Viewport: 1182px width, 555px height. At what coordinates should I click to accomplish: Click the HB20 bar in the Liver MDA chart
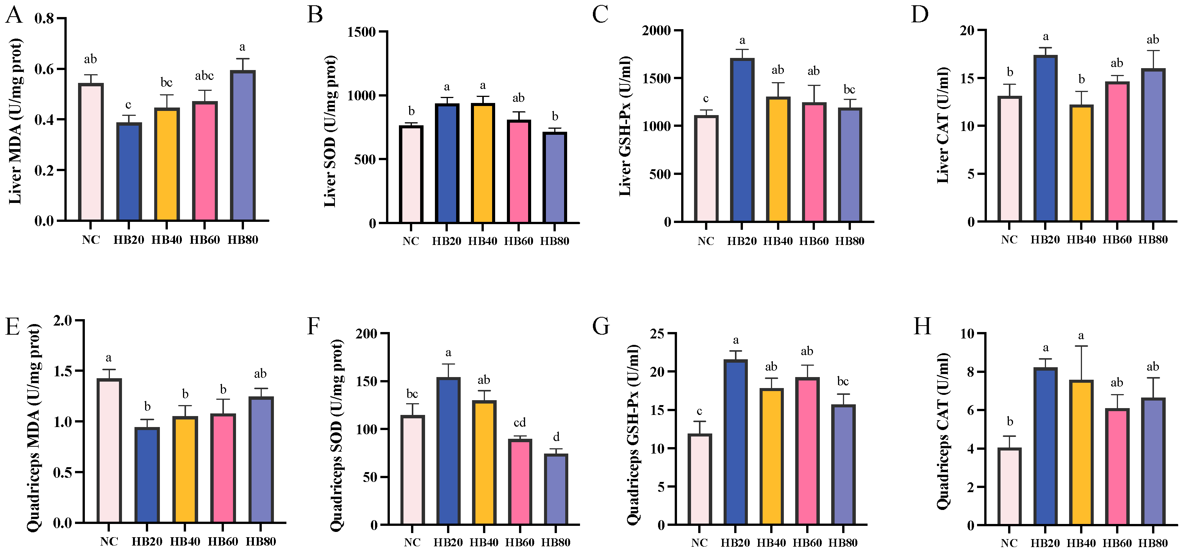(x=129, y=172)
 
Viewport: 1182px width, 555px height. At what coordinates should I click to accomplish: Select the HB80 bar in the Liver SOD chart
(x=555, y=178)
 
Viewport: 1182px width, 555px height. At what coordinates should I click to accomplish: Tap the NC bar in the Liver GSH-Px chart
(x=706, y=169)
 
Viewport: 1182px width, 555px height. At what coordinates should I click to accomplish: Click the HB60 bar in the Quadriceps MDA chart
(x=223, y=468)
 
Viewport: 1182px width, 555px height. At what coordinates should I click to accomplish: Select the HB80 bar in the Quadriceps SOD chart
(x=556, y=489)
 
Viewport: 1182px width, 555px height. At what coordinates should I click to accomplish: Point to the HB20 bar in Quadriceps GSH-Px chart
(x=735, y=442)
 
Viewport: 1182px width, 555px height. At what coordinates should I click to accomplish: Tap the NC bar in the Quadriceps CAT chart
(x=1009, y=486)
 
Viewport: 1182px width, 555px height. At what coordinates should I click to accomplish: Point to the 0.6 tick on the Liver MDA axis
(x=44, y=69)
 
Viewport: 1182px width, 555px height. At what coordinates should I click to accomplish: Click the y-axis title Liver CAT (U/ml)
(x=943, y=125)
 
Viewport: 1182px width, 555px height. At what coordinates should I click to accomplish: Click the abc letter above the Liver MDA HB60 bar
(x=204, y=76)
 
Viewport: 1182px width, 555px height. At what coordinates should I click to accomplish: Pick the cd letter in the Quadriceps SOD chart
(x=519, y=422)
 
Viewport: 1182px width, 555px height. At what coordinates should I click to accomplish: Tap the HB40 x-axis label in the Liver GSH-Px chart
(x=778, y=241)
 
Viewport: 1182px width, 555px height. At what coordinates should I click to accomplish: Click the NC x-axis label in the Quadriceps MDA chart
(x=109, y=542)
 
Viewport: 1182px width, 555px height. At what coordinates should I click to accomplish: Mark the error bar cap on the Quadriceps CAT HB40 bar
(x=1081, y=346)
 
